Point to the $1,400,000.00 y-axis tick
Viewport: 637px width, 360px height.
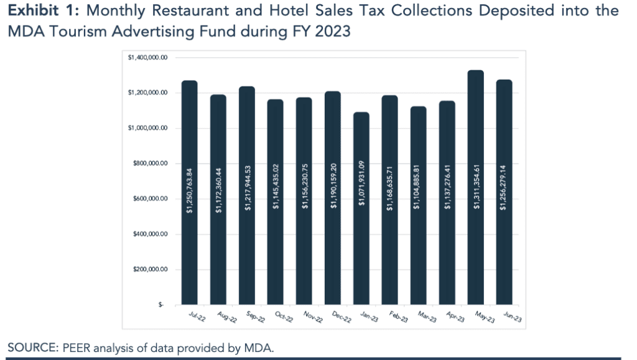148,58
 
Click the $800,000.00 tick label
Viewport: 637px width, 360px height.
150,164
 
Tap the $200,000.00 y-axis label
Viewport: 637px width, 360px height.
150,270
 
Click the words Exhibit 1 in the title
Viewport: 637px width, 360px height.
43,11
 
